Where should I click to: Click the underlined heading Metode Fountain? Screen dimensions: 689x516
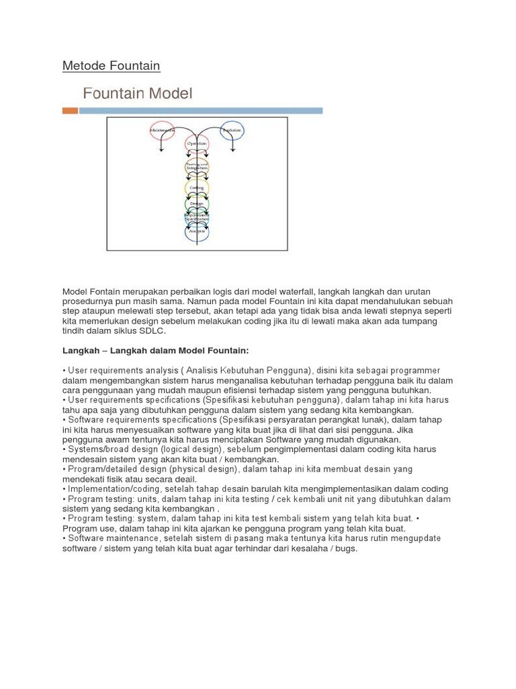111,65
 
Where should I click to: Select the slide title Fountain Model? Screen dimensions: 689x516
137,93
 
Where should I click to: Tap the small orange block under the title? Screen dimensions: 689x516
70,110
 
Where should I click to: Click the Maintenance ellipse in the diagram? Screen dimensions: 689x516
162,131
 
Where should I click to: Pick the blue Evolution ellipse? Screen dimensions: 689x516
232,131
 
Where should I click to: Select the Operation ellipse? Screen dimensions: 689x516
197,145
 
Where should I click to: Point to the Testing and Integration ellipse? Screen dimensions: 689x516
197,166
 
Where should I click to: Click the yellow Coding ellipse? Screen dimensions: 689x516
197,188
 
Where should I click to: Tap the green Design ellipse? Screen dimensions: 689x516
197,203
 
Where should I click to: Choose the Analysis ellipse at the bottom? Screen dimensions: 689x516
197,231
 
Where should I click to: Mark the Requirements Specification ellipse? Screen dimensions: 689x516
197,217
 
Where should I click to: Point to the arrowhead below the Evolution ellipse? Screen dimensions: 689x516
232,152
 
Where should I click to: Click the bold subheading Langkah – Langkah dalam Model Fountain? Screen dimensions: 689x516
156,351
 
